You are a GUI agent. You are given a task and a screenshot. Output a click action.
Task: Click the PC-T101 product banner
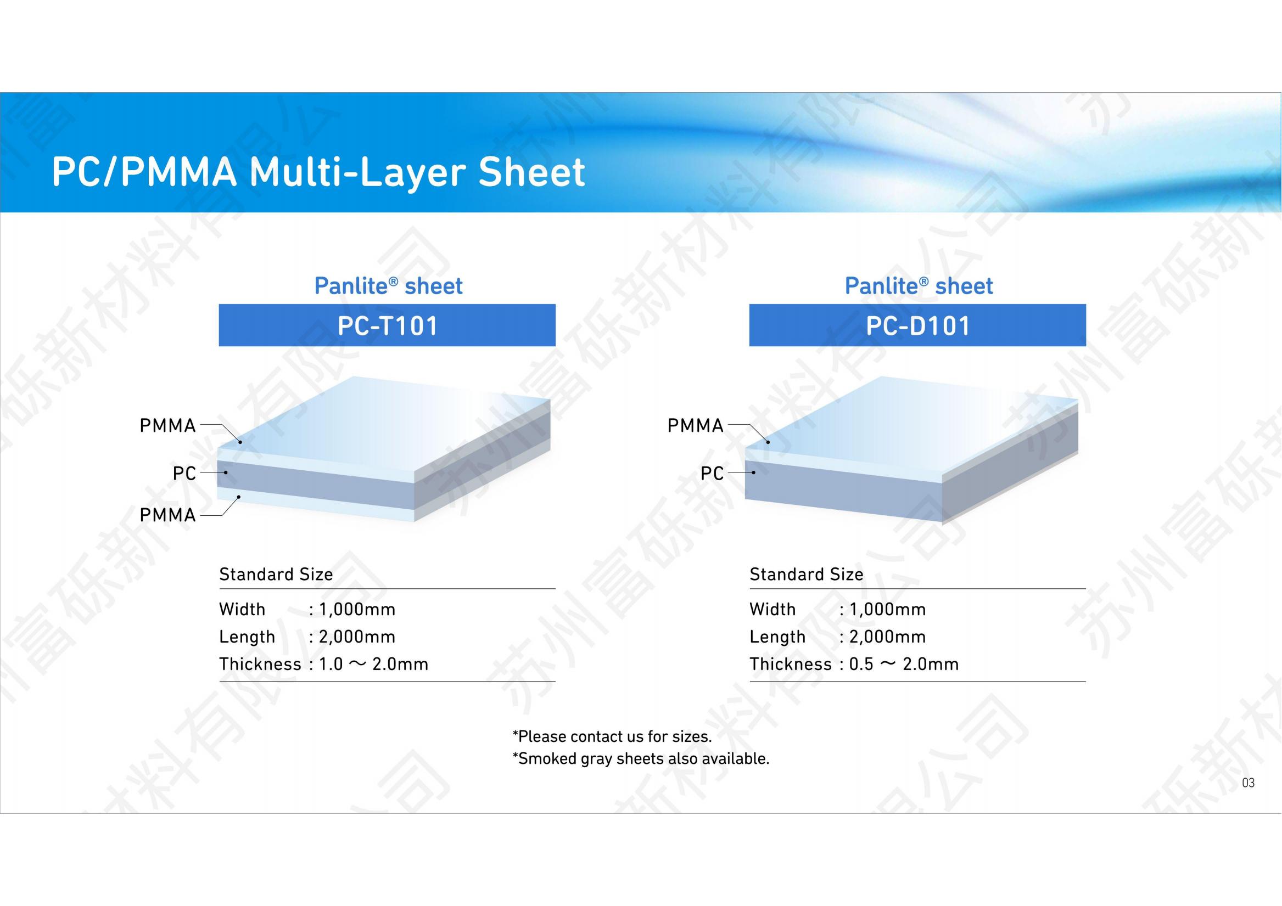point(387,325)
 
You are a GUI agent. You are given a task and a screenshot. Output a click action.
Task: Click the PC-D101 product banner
point(917,325)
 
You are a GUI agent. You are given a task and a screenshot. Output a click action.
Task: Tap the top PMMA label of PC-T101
point(167,426)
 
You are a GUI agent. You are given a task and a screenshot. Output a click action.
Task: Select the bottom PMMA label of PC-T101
point(167,515)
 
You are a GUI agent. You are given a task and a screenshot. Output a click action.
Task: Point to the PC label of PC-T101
point(184,474)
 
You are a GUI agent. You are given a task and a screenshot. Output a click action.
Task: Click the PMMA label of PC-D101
point(695,426)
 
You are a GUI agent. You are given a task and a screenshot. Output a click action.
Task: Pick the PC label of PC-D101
point(712,474)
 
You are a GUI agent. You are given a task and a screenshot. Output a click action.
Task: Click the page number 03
point(1248,783)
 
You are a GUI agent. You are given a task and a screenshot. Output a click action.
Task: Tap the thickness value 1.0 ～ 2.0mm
point(373,664)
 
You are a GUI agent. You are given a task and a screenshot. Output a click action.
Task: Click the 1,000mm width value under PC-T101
point(357,609)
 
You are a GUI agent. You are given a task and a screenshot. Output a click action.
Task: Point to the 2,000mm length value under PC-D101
point(888,637)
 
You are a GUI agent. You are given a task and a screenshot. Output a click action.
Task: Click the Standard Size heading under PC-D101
point(807,574)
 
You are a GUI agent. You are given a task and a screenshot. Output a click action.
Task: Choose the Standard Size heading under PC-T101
point(276,574)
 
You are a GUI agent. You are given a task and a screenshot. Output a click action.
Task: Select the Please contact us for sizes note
point(613,736)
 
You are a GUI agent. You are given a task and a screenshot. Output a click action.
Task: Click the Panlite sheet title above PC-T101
point(389,286)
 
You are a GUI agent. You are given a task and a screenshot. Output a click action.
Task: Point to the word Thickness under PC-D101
point(791,664)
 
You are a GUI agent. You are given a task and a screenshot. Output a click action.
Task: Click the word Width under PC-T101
point(242,609)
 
